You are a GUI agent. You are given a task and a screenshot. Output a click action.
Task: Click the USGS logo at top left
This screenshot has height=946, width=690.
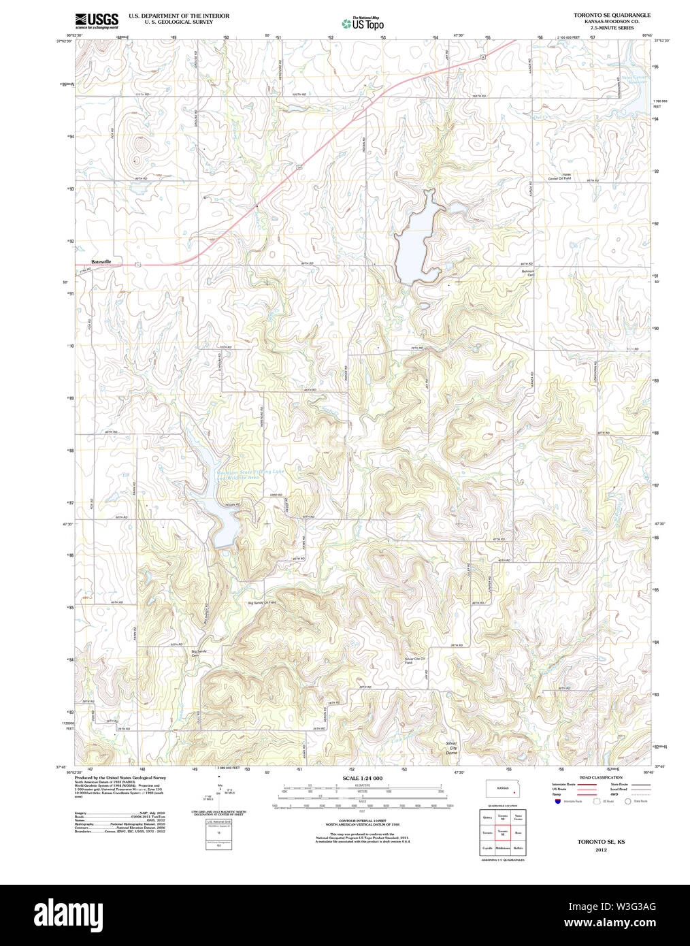tap(96, 20)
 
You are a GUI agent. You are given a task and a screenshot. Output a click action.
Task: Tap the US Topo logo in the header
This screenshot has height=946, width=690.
tap(363, 23)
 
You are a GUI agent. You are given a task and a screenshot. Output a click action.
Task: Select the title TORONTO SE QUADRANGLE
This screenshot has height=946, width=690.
tap(611, 15)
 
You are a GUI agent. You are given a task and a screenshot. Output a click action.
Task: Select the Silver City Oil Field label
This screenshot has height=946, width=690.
tap(414, 660)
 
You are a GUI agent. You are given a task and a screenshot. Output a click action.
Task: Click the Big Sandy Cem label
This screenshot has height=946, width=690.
tap(199, 653)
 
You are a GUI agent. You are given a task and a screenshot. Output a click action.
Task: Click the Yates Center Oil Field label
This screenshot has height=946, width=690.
tap(559, 177)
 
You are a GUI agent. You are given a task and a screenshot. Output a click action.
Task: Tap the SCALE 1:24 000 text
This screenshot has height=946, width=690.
tap(362, 778)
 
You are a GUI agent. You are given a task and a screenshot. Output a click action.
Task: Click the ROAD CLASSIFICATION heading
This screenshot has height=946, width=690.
tap(600, 777)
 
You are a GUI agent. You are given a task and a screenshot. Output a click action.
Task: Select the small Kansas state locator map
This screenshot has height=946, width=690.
tap(503, 789)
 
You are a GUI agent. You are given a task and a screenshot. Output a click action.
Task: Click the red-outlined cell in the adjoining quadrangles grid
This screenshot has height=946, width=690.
tap(503, 832)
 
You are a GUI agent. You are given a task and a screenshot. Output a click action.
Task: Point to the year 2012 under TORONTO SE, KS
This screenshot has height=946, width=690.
tap(600, 850)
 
